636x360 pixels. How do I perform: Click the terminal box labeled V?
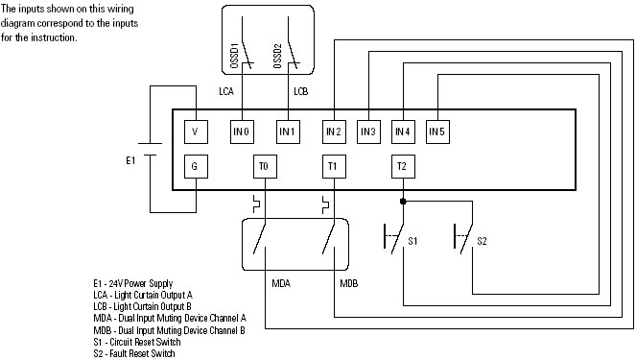(x=196, y=130)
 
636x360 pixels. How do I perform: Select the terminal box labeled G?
(x=196, y=166)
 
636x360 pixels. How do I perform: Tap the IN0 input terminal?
(x=241, y=130)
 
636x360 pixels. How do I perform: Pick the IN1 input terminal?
(x=288, y=130)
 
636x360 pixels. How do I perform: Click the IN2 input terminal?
(x=332, y=130)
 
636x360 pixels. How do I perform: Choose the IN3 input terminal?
(x=368, y=130)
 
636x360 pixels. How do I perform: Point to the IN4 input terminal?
(x=402, y=130)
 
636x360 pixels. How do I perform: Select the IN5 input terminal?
(x=436, y=130)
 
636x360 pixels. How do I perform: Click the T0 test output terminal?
(x=264, y=166)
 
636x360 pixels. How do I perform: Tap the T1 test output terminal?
(x=332, y=166)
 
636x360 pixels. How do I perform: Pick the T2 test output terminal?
(x=402, y=166)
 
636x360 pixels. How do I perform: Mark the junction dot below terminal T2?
(x=402, y=202)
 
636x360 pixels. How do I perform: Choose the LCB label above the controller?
(x=300, y=91)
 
